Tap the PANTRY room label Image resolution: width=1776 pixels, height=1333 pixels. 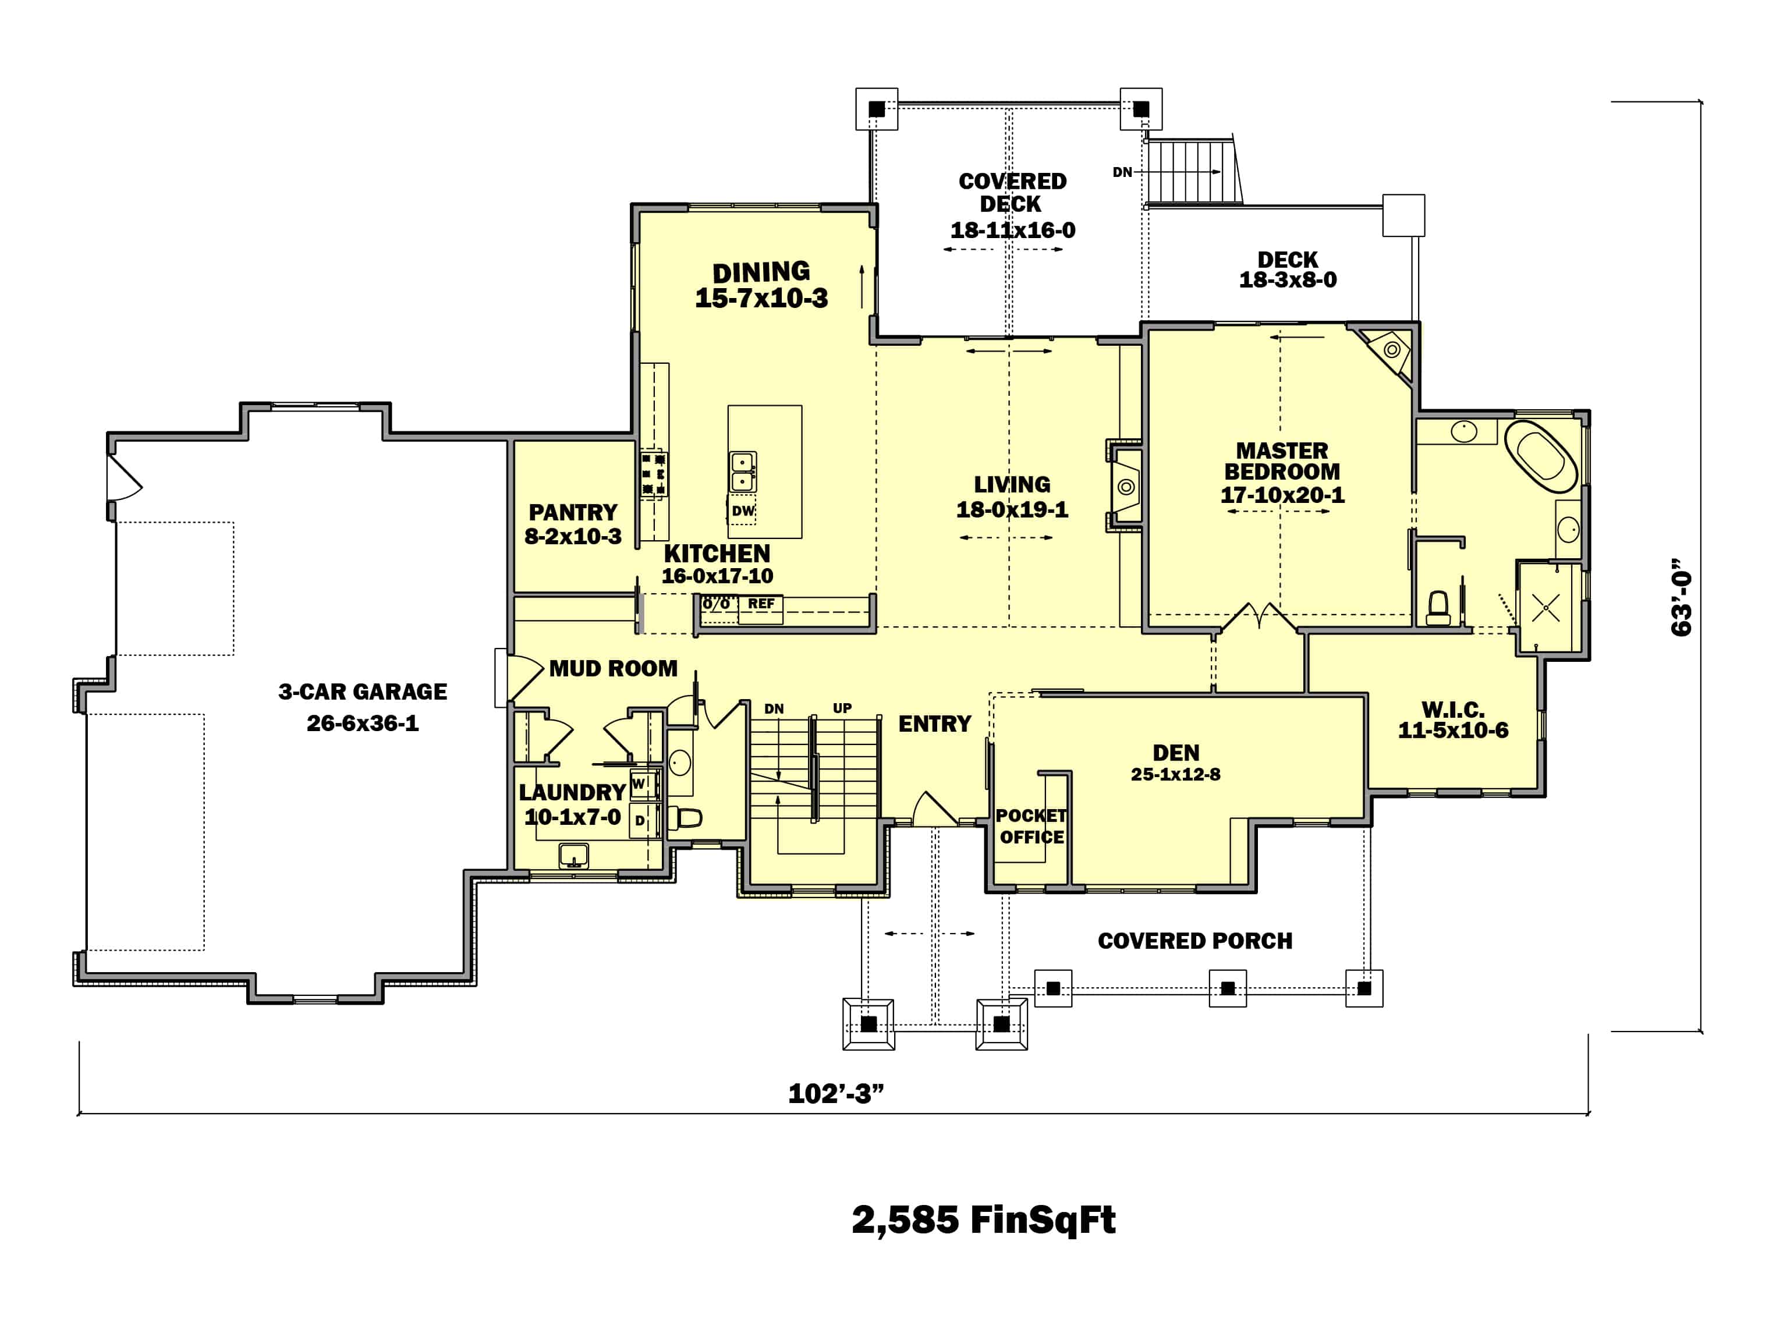coord(572,512)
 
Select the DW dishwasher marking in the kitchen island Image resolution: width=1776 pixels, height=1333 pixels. coord(743,510)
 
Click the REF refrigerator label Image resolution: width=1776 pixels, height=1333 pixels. coord(761,604)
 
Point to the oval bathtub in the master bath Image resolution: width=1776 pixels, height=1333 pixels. coord(1541,457)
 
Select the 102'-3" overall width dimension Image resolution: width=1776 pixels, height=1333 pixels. coord(836,1094)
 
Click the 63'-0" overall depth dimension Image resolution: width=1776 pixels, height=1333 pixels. coord(1681,597)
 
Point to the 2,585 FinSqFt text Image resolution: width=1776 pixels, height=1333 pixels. coord(984,1219)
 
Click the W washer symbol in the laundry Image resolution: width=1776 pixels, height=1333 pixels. coord(640,784)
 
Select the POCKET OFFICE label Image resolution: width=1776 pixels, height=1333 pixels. coord(1031,827)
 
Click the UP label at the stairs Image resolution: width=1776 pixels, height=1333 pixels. coord(842,708)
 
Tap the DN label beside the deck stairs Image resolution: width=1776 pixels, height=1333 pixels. coord(1122,172)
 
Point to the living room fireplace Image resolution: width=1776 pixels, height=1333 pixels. coord(1126,486)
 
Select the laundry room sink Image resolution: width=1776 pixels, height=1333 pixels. coord(573,856)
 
